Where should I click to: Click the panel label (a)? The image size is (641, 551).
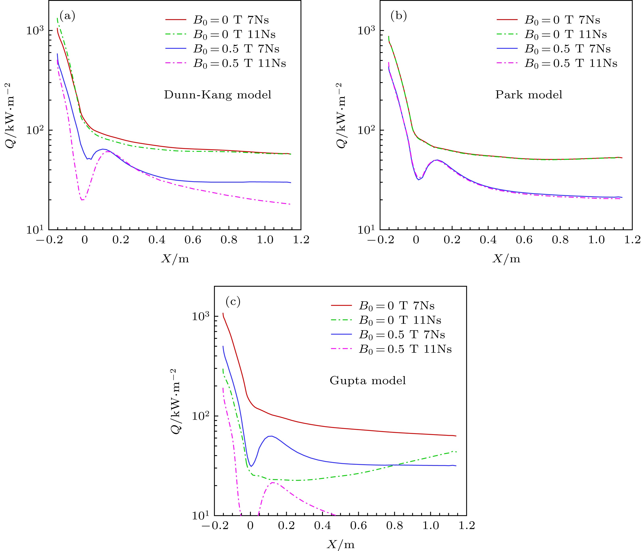(67, 16)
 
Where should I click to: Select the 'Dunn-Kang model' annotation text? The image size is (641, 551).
(218, 95)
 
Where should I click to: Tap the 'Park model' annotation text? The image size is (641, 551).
(529, 95)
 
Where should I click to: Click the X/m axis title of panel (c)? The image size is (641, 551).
(340, 545)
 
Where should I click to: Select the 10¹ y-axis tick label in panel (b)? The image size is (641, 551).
(367, 229)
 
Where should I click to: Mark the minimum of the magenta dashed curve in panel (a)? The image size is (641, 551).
(82, 200)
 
